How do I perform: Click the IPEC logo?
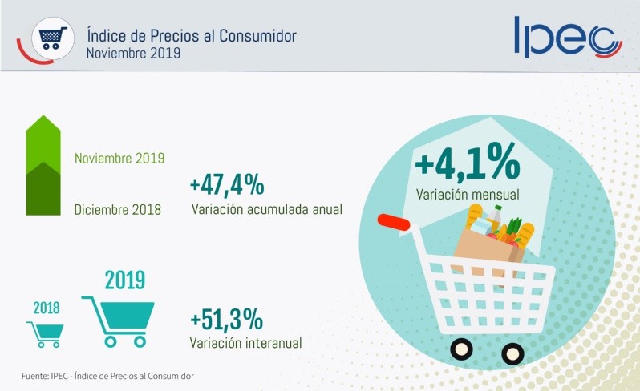(x=567, y=37)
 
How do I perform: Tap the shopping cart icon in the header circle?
(x=51, y=37)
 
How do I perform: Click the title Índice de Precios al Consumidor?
(x=191, y=35)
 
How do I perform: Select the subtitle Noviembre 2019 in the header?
(x=133, y=53)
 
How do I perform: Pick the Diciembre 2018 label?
(x=117, y=210)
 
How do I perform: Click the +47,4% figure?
(x=227, y=184)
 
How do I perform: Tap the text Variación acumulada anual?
(x=267, y=209)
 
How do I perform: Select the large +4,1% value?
(x=468, y=164)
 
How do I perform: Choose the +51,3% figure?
(x=227, y=319)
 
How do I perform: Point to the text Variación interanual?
(x=245, y=343)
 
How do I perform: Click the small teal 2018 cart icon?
(x=46, y=333)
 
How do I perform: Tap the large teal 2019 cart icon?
(x=120, y=320)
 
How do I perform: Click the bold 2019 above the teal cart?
(x=125, y=280)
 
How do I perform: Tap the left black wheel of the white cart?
(x=461, y=349)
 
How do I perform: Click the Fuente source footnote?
(x=107, y=376)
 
